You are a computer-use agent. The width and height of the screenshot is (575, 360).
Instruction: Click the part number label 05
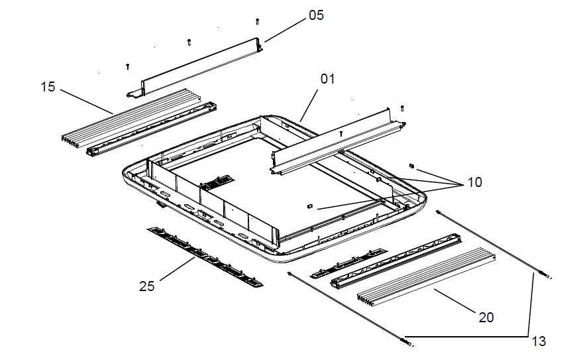pos(316,15)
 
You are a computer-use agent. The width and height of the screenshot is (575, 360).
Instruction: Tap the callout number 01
pos(328,78)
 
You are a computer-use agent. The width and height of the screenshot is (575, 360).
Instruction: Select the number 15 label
pos(48,86)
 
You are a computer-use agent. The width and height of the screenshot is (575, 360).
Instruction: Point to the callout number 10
pos(474,182)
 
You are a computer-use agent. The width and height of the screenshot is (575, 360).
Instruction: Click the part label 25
pos(147,286)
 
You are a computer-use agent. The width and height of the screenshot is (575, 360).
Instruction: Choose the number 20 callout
pos(486,318)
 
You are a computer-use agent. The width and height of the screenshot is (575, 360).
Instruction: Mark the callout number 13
pos(539,341)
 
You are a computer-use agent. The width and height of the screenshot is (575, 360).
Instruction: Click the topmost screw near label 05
pos(258,22)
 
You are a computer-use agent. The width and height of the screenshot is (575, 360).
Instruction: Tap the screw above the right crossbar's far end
pos(403,108)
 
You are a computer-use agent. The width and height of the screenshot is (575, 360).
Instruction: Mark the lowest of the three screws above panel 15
pos(127,66)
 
